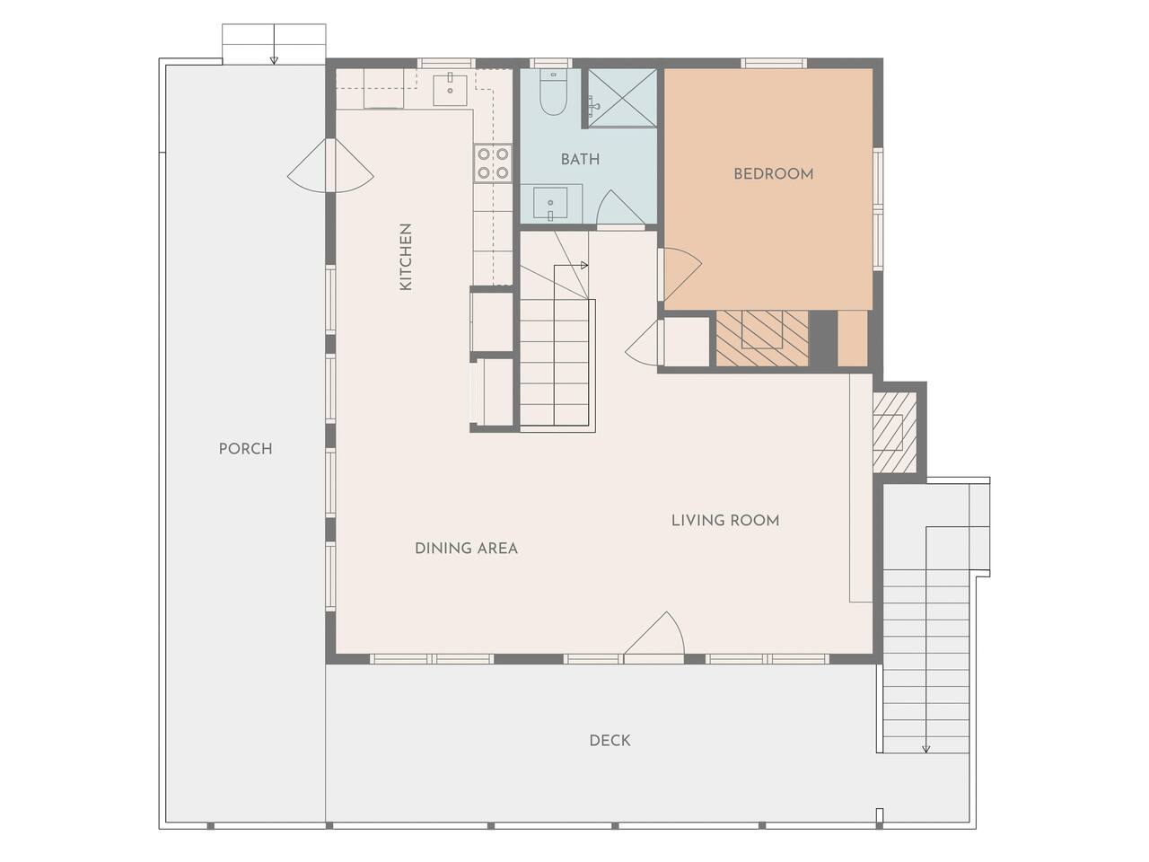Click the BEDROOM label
(773, 174)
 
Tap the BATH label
(580, 159)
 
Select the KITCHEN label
(407, 257)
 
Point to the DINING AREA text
(466, 548)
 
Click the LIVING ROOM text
(725, 520)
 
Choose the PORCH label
(245, 449)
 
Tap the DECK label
(610, 740)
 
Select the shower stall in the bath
(622, 98)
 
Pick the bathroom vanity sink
(550, 203)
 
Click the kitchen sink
(451, 90)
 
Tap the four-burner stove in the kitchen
(493, 163)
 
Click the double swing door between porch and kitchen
(331, 165)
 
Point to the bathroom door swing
(619, 207)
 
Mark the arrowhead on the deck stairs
(926, 749)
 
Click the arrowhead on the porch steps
(274, 60)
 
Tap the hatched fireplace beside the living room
(895, 432)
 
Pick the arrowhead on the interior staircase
(584, 266)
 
